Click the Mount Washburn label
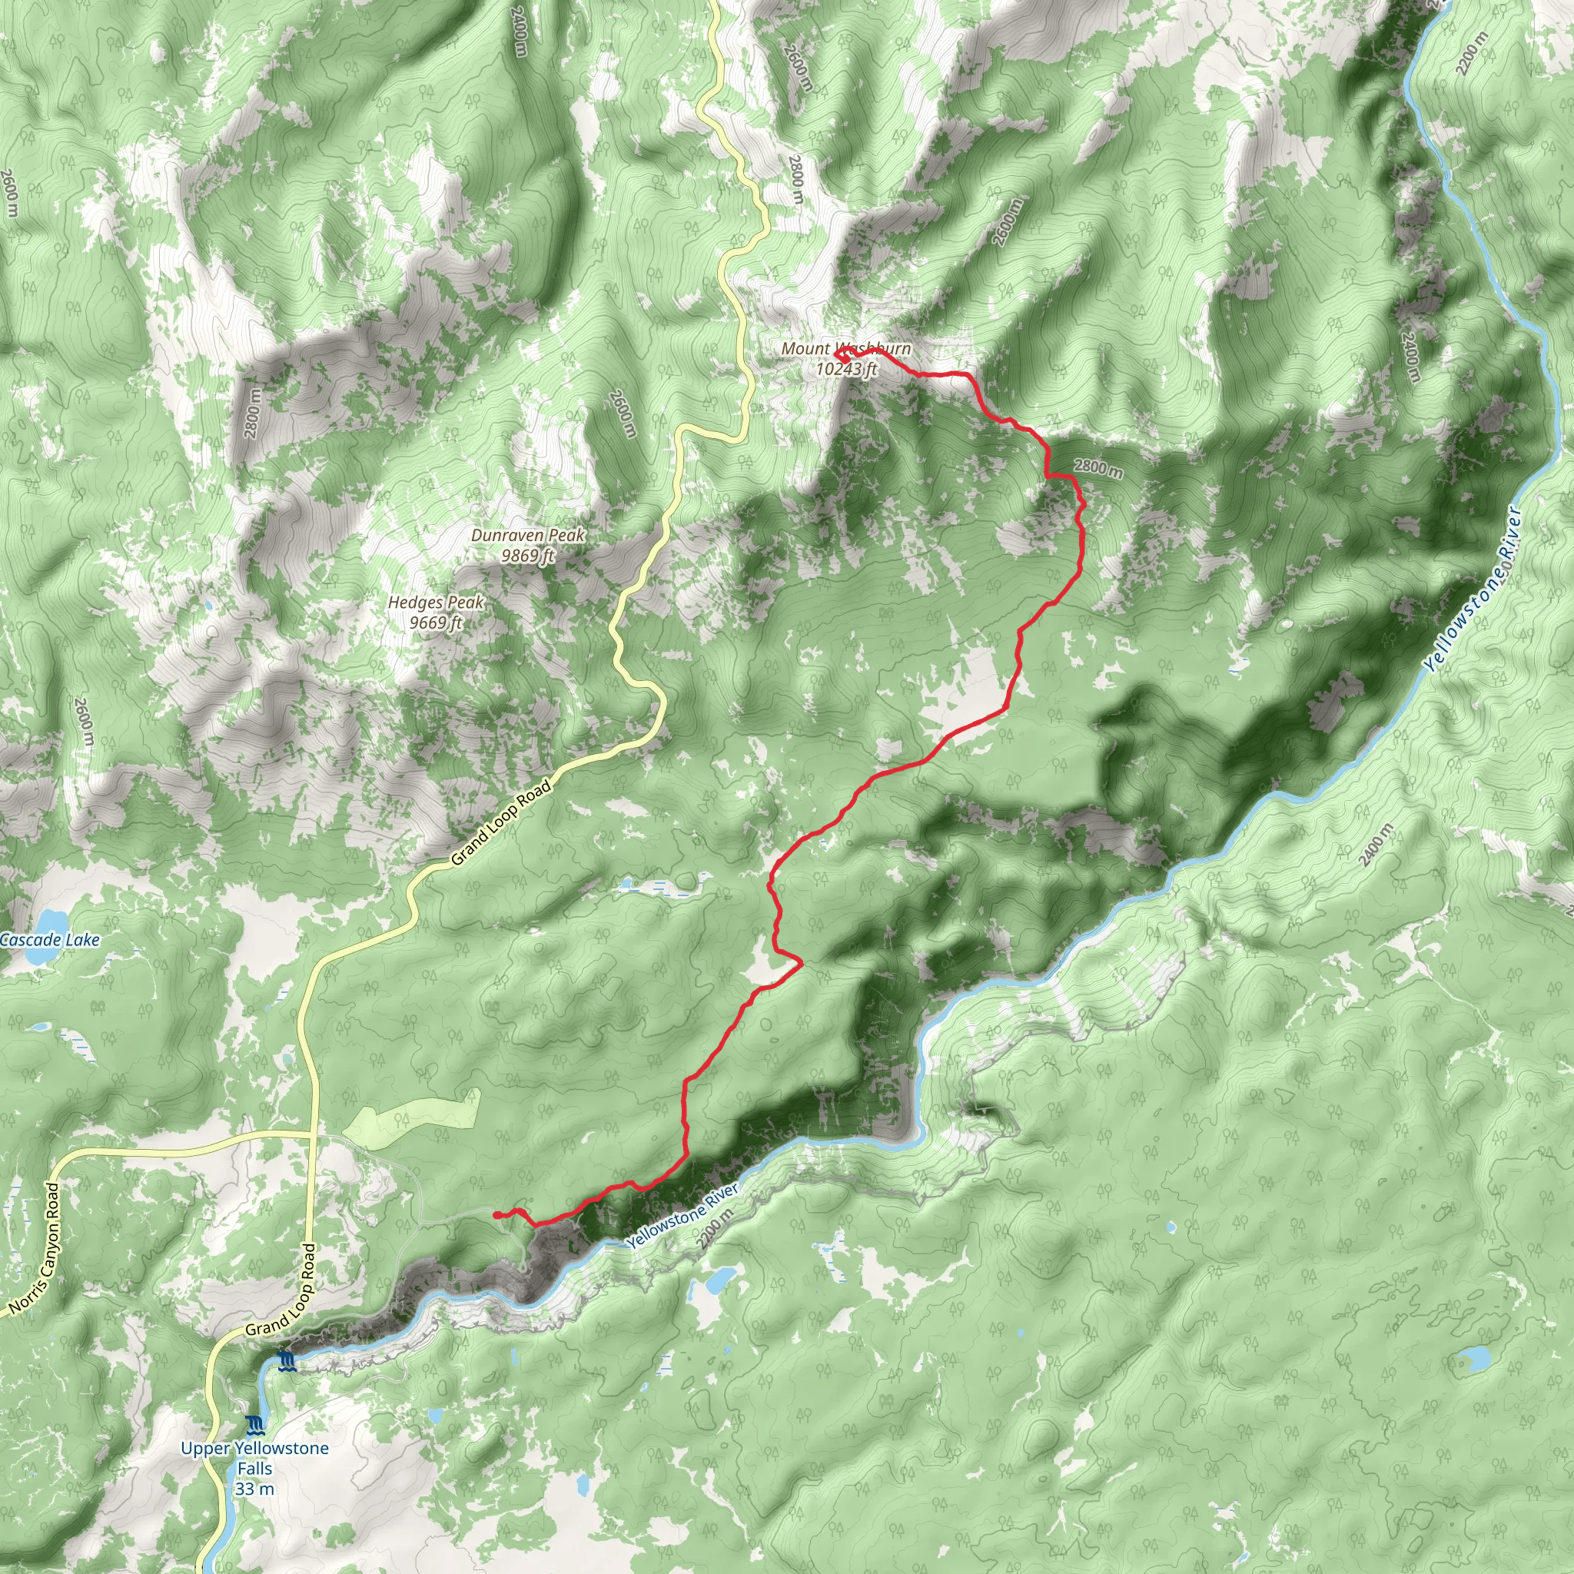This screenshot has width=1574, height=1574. click(x=845, y=349)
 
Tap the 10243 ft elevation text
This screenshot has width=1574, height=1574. click(x=846, y=369)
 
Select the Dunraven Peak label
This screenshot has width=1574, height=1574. click(x=528, y=535)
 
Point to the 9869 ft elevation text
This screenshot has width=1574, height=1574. click(x=528, y=556)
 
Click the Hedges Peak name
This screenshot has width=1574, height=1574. click(x=436, y=602)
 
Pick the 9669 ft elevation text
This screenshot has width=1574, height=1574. click(x=436, y=623)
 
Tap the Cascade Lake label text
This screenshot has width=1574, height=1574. click(x=51, y=939)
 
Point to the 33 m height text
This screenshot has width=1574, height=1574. click(x=254, y=1489)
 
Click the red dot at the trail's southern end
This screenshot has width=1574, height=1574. click(x=496, y=1215)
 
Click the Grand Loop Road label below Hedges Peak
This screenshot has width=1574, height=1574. click(x=500, y=822)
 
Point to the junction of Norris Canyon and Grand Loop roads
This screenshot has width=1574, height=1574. click(x=310, y=1134)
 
